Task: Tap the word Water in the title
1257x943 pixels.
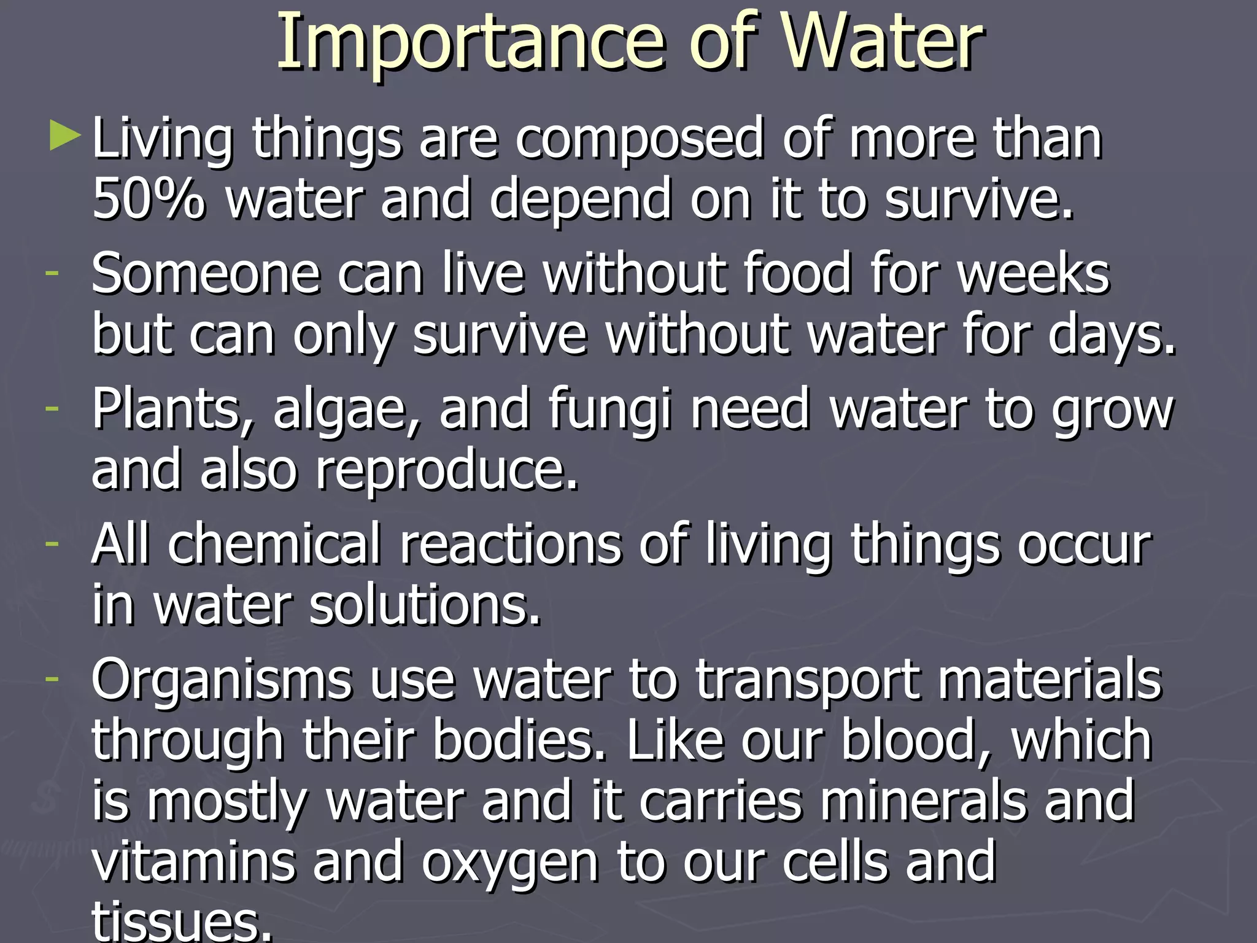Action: click(x=884, y=42)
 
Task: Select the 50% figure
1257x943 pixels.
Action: click(x=148, y=198)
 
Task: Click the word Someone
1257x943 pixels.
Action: click(x=206, y=273)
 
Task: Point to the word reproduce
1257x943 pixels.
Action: click(x=447, y=471)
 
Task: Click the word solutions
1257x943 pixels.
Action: click(x=425, y=605)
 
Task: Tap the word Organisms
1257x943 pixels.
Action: click(x=222, y=680)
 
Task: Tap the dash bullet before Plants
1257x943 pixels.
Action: click(x=52, y=407)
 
